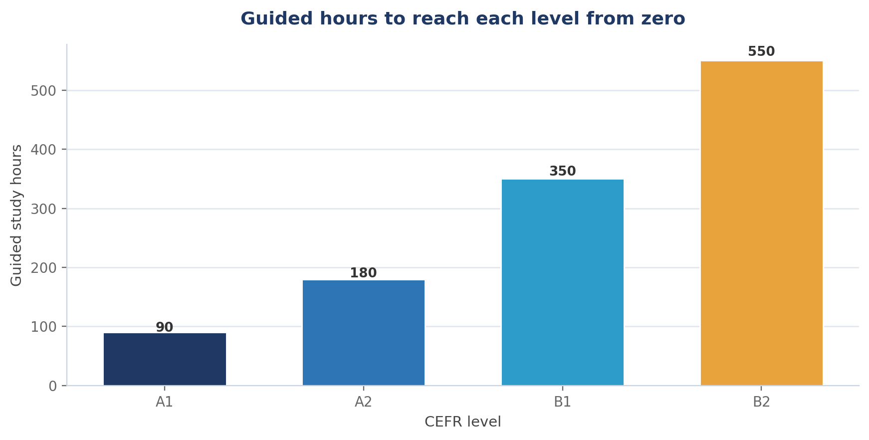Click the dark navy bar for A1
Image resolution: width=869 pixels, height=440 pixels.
coord(165,359)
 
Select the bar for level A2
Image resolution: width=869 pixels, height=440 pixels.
coord(364,333)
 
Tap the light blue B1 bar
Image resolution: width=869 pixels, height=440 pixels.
coord(563,282)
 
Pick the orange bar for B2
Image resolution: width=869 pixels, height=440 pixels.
coord(762,223)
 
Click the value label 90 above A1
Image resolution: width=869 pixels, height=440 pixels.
coord(165,327)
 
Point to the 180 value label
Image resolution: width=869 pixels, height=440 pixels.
coord(363,273)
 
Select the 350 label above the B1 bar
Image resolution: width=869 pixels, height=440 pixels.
coord(563,171)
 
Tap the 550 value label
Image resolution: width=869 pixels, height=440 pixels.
coord(761,51)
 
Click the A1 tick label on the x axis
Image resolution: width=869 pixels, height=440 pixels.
coord(165,402)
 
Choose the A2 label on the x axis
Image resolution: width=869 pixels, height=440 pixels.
coord(364,402)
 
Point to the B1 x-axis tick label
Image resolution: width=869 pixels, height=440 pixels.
coord(563,402)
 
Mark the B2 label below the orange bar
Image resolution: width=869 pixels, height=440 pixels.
coord(762,402)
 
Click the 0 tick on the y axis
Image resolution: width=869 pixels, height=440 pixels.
coord(53,386)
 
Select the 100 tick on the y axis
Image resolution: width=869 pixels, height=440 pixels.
coord(44,327)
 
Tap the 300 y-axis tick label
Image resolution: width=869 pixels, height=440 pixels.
coord(44,209)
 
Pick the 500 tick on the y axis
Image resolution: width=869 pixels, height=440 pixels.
coord(44,91)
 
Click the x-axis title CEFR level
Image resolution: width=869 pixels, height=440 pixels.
coord(463,422)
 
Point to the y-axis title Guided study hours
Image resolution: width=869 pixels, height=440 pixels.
coord(16,215)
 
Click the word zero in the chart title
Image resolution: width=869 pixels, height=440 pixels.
coord(663,19)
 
